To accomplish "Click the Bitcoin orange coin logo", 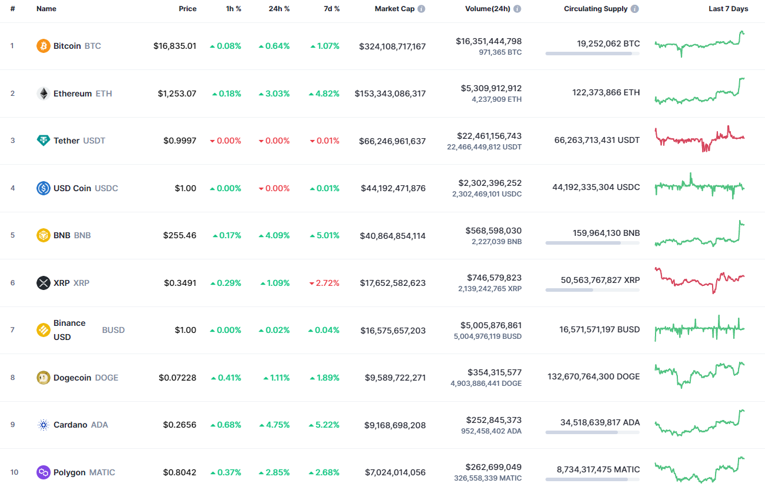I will click(44, 46).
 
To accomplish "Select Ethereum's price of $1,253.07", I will click(177, 94).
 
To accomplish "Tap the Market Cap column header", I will click(394, 9).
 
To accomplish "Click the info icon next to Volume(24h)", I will click(517, 9).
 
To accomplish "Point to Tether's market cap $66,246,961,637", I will click(393, 141).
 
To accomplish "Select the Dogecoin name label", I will click(72, 378).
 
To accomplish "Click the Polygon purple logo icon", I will click(44, 472).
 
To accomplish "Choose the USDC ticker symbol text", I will click(107, 188).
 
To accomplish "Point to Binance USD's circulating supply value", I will click(599, 329).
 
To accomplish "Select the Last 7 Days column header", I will click(728, 9).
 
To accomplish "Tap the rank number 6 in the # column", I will click(12, 283).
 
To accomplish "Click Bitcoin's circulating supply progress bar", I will click(592, 54).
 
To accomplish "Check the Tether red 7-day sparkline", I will click(699, 139).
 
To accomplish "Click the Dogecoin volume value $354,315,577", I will click(494, 372).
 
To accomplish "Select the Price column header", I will click(188, 9).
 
